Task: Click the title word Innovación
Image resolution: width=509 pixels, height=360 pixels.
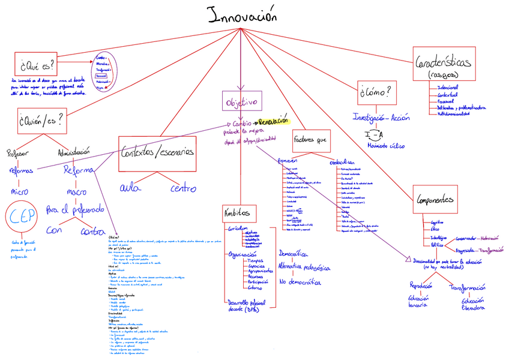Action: click(x=242, y=16)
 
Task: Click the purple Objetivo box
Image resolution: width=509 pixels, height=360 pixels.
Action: click(x=241, y=101)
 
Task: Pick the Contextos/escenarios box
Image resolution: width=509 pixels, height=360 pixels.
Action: click(x=157, y=152)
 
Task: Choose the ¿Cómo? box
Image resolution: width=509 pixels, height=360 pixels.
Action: click(x=376, y=92)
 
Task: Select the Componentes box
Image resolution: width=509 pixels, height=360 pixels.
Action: click(x=435, y=200)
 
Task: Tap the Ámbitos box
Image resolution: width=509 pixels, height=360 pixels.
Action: click(x=238, y=213)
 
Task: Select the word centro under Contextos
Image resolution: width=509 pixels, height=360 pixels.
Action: click(x=183, y=188)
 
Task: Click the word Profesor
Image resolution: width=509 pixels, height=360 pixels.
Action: click(x=18, y=154)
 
